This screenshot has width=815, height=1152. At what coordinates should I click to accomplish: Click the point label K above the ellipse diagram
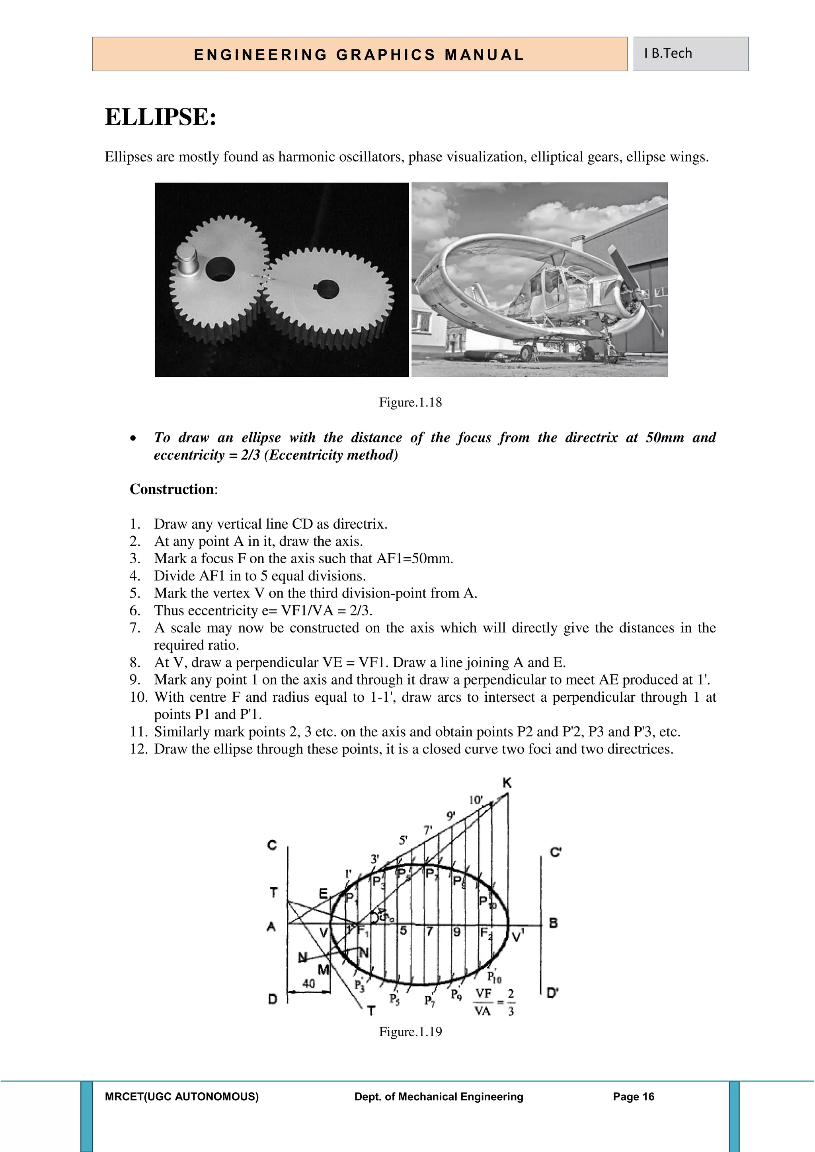[x=507, y=783]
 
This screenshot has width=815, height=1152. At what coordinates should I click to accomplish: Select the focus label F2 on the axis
[x=486, y=933]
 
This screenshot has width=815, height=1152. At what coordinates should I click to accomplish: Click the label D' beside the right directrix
[x=552, y=993]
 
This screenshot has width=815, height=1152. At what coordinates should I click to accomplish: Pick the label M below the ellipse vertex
[x=323, y=970]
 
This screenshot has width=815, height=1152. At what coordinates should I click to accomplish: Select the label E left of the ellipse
[x=324, y=893]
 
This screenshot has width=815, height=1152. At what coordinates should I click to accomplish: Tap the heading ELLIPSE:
[x=161, y=117]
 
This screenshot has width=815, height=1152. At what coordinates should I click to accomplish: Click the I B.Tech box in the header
[x=690, y=54]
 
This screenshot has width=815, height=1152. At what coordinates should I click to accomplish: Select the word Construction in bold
[x=172, y=489]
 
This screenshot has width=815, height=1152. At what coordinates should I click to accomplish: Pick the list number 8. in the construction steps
[x=135, y=662]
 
